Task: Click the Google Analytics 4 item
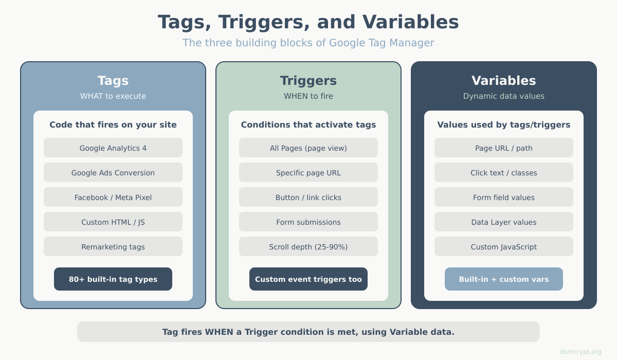tap(113, 148)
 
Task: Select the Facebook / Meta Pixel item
tap(113, 197)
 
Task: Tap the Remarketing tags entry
tap(113, 247)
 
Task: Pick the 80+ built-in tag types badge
tap(113, 279)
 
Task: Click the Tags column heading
tap(113, 81)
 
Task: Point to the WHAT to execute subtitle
tap(113, 96)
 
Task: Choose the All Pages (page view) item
tap(308, 148)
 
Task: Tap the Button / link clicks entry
tap(308, 197)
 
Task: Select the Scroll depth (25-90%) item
tap(308, 247)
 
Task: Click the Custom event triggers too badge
tap(308, 279)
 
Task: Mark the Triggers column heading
tap(308, 81)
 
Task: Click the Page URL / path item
tap(504, 148)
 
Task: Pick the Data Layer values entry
tap(504, 222)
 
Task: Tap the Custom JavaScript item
tap(504, 247)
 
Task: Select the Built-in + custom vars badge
tap(504, 279)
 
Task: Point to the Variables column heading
tap(504, 81)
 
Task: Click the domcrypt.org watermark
tap(580, 352)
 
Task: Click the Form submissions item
tap(308, 222)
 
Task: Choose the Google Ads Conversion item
tap(113, 173)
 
